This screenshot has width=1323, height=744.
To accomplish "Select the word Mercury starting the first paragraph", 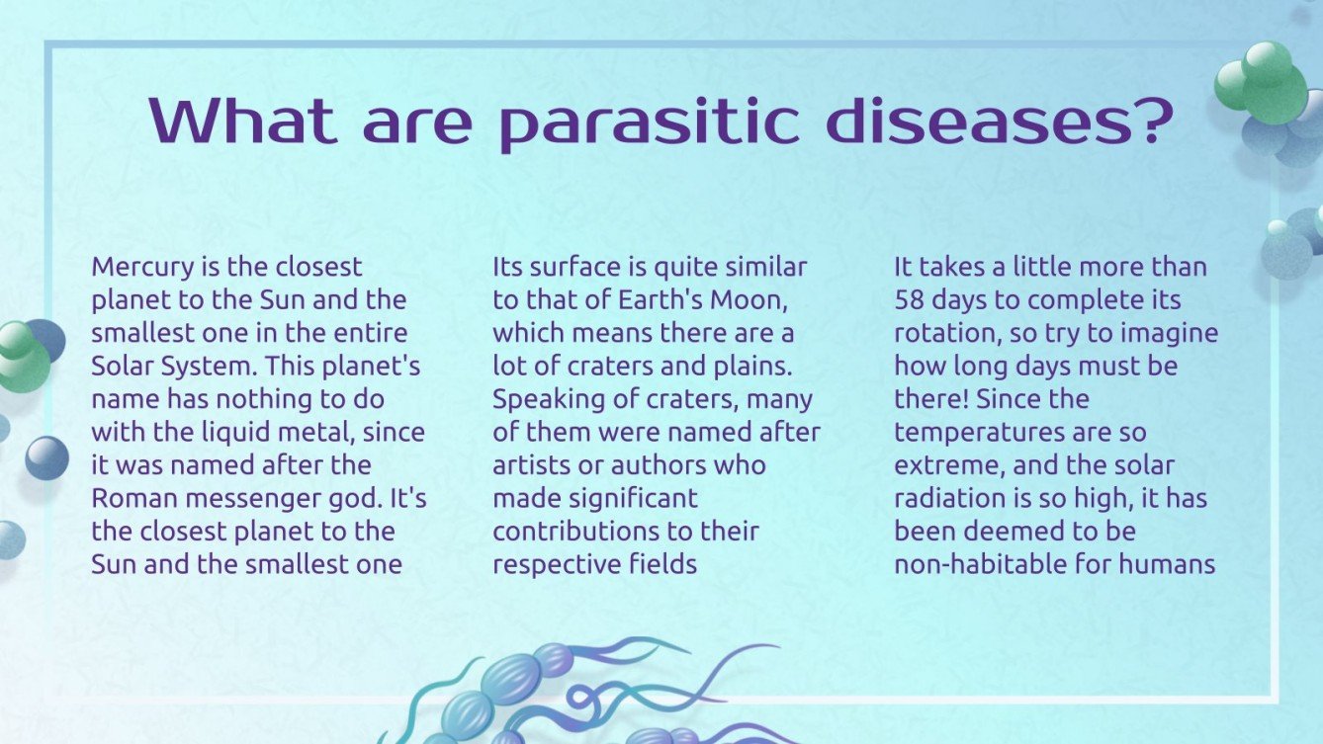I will [134, 268].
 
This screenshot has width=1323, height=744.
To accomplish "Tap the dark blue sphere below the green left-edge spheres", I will [46, 458].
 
